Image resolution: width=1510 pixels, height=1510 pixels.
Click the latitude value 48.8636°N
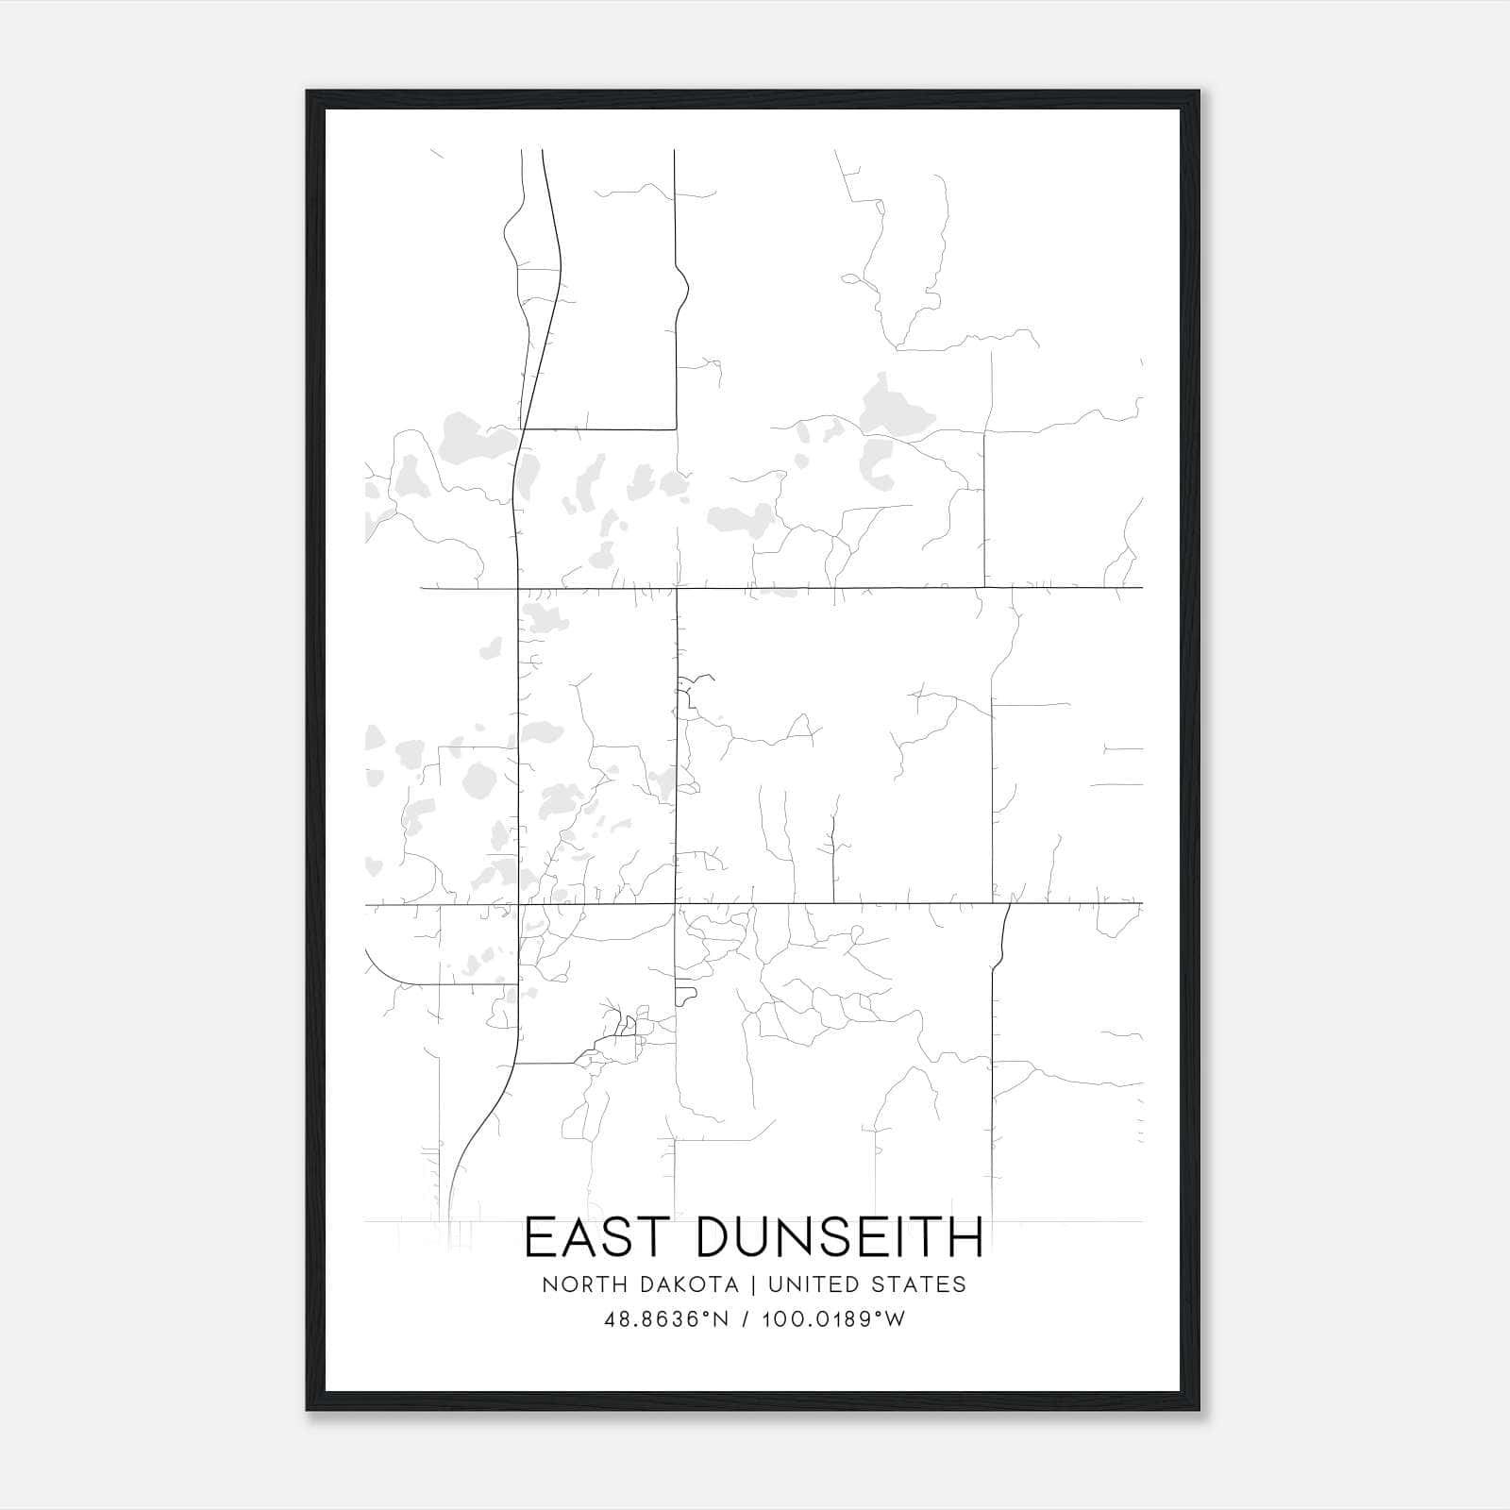tap(667, 1319)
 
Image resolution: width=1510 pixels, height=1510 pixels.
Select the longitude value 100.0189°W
tap(834, 1319)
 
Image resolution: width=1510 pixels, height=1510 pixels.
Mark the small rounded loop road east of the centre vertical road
tap(686, 997)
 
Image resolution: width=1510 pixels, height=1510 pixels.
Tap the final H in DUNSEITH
tap(967, 1238)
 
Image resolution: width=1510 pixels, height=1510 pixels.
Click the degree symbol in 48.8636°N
tap(702, 1314)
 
